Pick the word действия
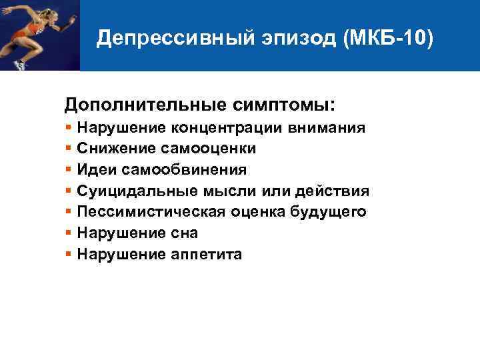(337, 191)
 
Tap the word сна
(184, 233)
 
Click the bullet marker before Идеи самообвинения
(69, 169)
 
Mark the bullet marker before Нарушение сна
(69, 233)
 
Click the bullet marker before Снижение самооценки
(69, 148)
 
